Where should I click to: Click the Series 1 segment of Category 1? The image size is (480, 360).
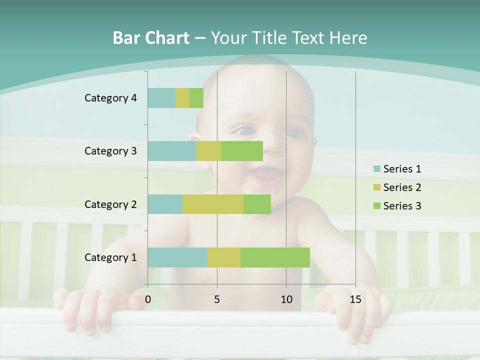[177, 257]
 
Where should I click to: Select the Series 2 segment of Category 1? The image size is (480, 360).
[224, 257]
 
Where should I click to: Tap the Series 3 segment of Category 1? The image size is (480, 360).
[275, 257]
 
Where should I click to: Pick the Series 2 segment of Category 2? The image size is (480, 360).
[213, 204]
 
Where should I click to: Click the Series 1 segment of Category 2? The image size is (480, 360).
[165, 204]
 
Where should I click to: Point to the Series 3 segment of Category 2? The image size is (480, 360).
[257, 204]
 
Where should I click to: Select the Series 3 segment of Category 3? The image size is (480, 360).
[242, 151]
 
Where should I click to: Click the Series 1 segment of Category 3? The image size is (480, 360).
[172, 151]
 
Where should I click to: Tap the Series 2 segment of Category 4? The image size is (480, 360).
[182, 98]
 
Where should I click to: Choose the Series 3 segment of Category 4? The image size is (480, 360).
[196, 98]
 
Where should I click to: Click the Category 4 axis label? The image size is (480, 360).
[110, 98]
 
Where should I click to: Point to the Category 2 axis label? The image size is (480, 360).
[110, 204]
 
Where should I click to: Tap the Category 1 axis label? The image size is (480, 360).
[110, 257]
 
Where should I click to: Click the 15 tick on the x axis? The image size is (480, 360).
[355, 299]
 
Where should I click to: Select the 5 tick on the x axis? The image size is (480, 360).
[217, 299]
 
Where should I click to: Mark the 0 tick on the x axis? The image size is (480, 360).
[148, 299]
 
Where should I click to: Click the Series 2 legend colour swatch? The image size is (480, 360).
[376, 187]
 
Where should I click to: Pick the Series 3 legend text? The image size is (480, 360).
[402, 206]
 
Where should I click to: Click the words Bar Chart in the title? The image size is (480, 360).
[151, 37]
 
